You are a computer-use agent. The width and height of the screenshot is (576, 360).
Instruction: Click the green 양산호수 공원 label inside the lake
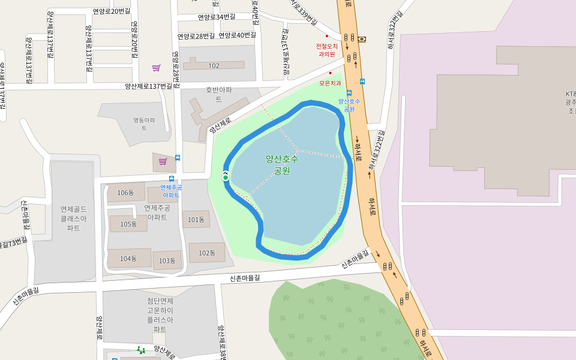(282, 164)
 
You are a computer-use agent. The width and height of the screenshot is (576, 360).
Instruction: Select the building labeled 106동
(126, 193)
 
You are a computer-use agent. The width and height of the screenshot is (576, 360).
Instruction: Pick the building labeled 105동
(128, 224)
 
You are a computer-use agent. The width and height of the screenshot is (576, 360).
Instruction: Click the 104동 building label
(128, 259)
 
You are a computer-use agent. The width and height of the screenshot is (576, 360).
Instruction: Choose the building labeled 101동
(196, 220)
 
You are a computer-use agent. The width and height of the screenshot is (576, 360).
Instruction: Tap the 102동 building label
(206, 253)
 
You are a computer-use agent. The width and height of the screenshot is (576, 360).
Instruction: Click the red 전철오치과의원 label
(327, 49)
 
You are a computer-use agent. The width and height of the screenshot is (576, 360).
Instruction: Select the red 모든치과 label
(329, 83)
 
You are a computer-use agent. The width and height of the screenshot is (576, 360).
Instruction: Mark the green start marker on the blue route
(226, 177)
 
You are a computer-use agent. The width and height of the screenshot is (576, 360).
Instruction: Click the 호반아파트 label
(218, 94)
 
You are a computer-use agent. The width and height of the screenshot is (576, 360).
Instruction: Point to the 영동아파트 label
(144, 124)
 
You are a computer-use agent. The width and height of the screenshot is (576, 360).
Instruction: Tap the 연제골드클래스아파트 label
(74, 218)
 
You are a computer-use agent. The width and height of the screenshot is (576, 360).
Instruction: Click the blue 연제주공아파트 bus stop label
(172, 191)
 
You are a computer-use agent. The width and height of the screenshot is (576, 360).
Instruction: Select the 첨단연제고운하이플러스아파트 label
(160, 315)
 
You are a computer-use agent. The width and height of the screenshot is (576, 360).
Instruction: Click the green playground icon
(140, 350)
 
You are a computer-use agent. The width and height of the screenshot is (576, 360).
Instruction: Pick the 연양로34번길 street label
(216, 17)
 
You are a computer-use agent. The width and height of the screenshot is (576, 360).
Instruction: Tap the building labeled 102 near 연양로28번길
(214, 65)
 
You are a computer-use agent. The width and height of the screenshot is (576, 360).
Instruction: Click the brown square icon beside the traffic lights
(362, 39)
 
